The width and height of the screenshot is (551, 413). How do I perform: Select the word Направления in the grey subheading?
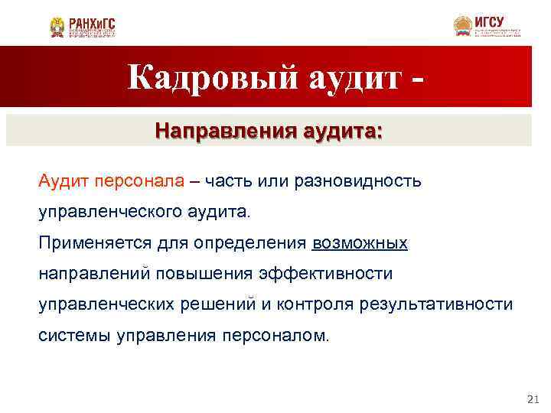(220, 130)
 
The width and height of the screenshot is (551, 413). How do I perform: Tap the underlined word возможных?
(360, 243)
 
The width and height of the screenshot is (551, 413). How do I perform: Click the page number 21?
(533, 399)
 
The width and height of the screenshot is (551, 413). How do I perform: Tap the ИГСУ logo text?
(490, 21)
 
